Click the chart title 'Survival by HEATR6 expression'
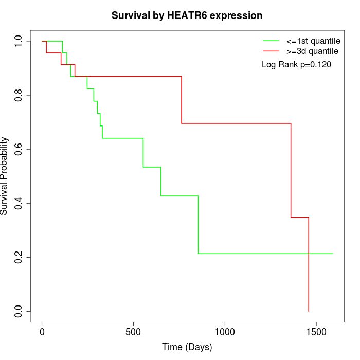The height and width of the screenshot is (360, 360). click(187, 15)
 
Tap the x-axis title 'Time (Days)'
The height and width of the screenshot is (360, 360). click(187, 347)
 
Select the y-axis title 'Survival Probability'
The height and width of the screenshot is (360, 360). click(5, 176)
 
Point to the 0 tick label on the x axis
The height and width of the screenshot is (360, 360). click(42, 332)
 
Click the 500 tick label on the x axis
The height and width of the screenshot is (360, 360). click(133, 332)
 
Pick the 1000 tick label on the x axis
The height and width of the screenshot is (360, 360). click(225, 332)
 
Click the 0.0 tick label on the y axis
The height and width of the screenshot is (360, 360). click(19, 311)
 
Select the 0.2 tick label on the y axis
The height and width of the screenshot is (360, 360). click(19, 257)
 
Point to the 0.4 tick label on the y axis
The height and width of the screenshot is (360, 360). click(19, 203)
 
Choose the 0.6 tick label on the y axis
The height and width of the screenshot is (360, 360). click(19, 149)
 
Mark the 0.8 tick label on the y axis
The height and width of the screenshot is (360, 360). click(19, 95)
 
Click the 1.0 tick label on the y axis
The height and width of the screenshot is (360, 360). click(19, 41)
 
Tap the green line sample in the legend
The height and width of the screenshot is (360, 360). click(271, 41)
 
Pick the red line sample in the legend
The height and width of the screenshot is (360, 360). click(271, 51)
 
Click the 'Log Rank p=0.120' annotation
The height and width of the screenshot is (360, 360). click(296, 65)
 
